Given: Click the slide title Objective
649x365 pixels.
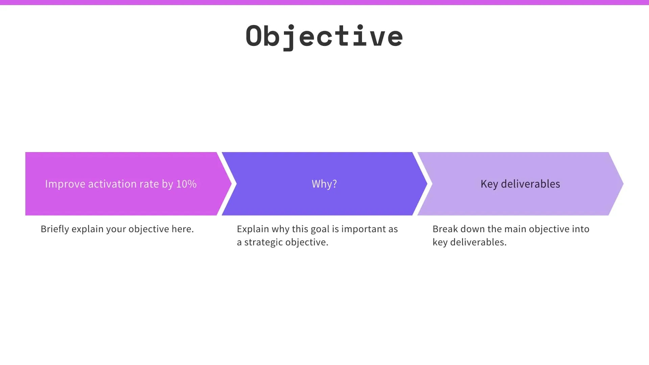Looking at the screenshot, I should coord(324,36).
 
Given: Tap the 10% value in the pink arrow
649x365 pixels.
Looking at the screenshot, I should coord(186,184).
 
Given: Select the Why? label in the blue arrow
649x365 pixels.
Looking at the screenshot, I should coord(324,184).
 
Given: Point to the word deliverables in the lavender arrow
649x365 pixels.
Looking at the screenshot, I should coord(530,184).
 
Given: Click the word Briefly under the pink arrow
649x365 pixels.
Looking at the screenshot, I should coord(54,229).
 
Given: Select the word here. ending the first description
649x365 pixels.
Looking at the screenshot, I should coord(183,229).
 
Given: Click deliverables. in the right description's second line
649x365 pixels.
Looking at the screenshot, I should coord(478,242).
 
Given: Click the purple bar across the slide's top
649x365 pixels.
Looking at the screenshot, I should coord(324,2).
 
